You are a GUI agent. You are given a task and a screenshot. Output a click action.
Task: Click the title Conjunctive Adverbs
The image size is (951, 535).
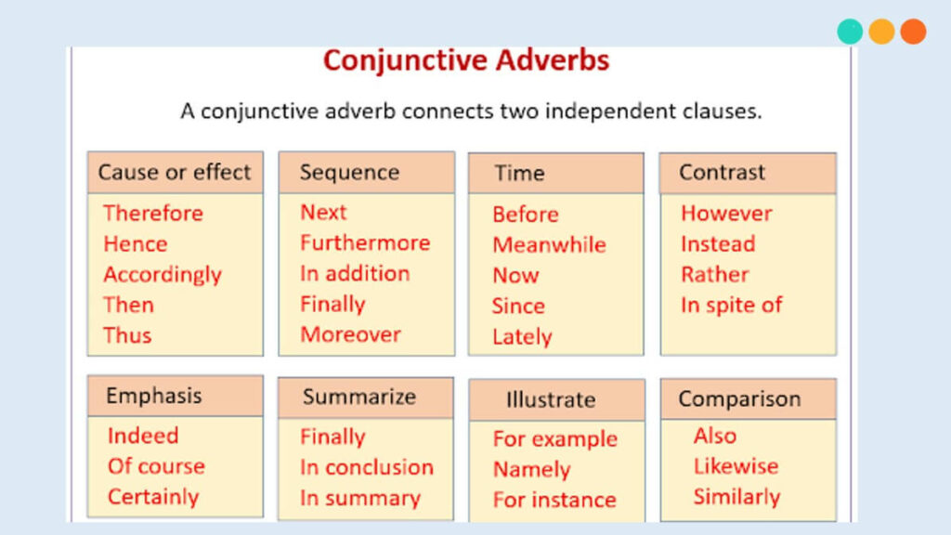point(466,60)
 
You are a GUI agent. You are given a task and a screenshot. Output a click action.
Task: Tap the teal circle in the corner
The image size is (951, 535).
point(850,32)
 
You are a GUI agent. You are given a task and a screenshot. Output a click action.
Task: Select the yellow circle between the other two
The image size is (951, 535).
point(881,32)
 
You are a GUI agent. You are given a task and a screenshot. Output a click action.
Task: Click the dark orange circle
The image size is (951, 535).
point(913,32)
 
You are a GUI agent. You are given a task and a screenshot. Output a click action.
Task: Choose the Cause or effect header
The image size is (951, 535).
point(175,172)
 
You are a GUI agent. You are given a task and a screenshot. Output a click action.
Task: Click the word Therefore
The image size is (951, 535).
point(153,214)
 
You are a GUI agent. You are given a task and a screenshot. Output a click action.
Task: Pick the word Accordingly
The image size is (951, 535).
point(163,275)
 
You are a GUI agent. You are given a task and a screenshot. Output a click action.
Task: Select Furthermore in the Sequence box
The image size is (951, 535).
point(365,243)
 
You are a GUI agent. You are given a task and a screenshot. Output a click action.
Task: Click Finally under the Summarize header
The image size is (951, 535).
point(333,437)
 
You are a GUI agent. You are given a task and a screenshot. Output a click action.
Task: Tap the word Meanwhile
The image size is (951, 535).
point(550,245)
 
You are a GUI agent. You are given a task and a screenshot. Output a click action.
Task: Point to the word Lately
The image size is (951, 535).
point(522,337)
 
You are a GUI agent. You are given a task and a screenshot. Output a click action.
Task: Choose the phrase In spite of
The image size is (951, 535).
point(732,305)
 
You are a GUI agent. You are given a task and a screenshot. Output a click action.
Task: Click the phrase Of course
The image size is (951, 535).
point(156,466)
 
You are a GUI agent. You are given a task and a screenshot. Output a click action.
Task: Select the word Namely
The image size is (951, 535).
point(532,470)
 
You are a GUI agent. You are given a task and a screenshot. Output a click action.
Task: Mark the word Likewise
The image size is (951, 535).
point(736,466)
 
